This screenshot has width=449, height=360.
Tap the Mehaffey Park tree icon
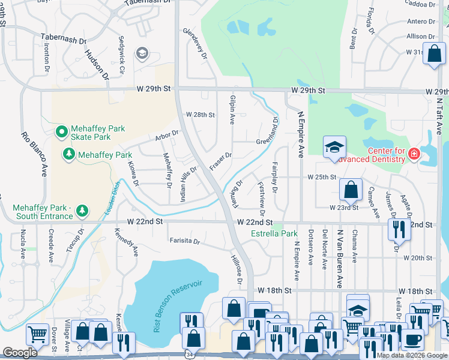[70, 155]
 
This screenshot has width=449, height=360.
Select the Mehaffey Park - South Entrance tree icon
[82, 211]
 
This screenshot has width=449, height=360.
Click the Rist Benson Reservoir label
[178, 305]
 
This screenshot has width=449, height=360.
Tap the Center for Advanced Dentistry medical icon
[413, 155]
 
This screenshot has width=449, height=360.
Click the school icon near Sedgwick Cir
[142, 54]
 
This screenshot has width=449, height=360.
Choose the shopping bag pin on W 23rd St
[351, 190]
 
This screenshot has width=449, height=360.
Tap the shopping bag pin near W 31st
[432, 52]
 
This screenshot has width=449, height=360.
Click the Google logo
[20, 353]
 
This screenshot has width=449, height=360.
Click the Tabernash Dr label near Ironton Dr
[63, 39]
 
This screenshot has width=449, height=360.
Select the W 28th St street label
[200, 115]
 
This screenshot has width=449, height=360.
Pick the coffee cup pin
[412, 339]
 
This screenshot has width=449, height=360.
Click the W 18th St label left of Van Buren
[274, 290]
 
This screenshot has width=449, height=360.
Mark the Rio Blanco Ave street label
[34, 154]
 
